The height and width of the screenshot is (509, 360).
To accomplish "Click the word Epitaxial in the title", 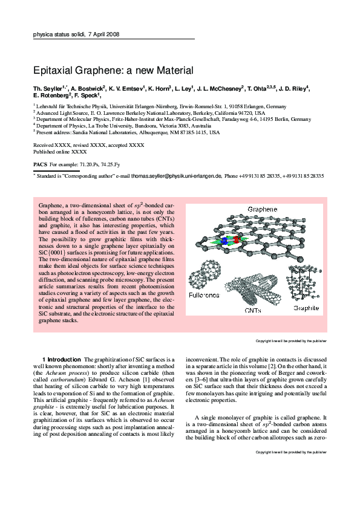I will click(x=54, y=70).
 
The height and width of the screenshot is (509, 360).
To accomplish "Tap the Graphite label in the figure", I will click(x=306, y=308).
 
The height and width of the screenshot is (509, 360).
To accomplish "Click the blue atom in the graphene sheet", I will click(x=224, y=241).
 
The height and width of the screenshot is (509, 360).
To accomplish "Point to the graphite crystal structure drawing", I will click(x=306, y=282).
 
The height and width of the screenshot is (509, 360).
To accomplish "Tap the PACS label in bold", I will click(x=39, y=164).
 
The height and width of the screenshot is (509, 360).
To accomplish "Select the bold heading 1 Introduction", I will click(x=61, y=360).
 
